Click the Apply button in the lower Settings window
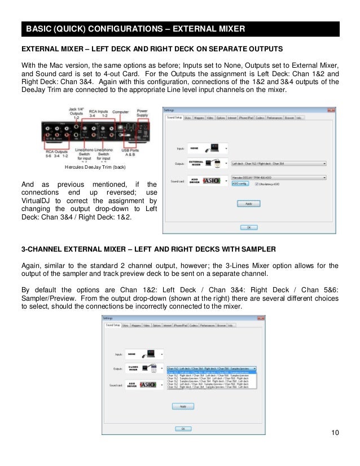(x=183, y=406)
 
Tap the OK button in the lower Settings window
(x=183, y=429)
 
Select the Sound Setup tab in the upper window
(x=174, y=118)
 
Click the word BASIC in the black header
(x=39, y=29)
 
